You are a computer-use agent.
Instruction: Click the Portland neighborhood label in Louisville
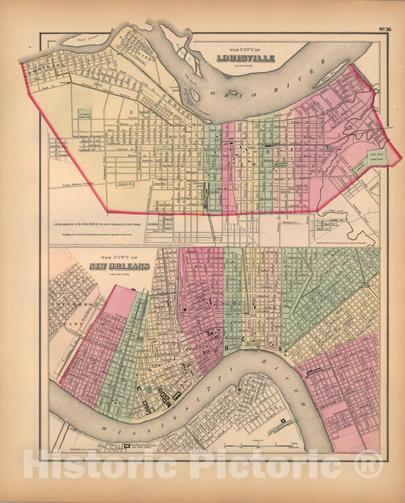[46, 66]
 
